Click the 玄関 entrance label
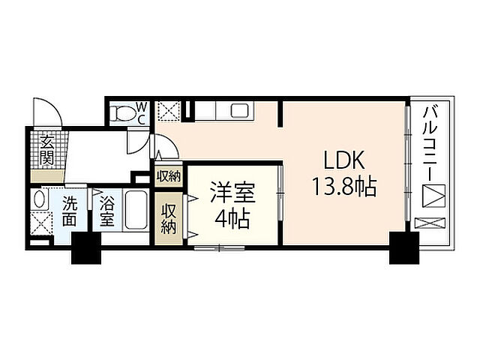point(47,149)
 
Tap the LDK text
point(343,160)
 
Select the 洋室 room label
point(232,193)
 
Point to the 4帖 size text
point(232,220)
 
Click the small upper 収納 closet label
point(168,176)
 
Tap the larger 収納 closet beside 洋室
point(167,218)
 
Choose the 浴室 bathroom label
point(106,210)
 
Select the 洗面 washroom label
point(70,210)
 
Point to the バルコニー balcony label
point(430,142)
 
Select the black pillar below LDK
point(403,248)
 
